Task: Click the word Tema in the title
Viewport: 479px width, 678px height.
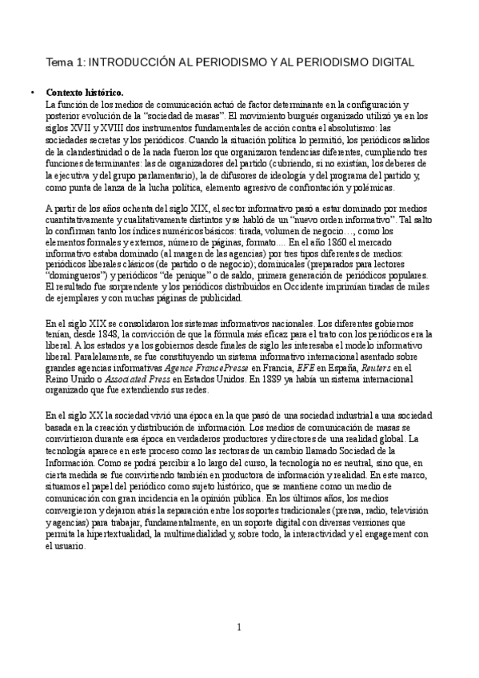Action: click(58, 62)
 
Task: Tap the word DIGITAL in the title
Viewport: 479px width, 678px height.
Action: click(403, 62)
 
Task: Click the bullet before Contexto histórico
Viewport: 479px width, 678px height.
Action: click(31, 92)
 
